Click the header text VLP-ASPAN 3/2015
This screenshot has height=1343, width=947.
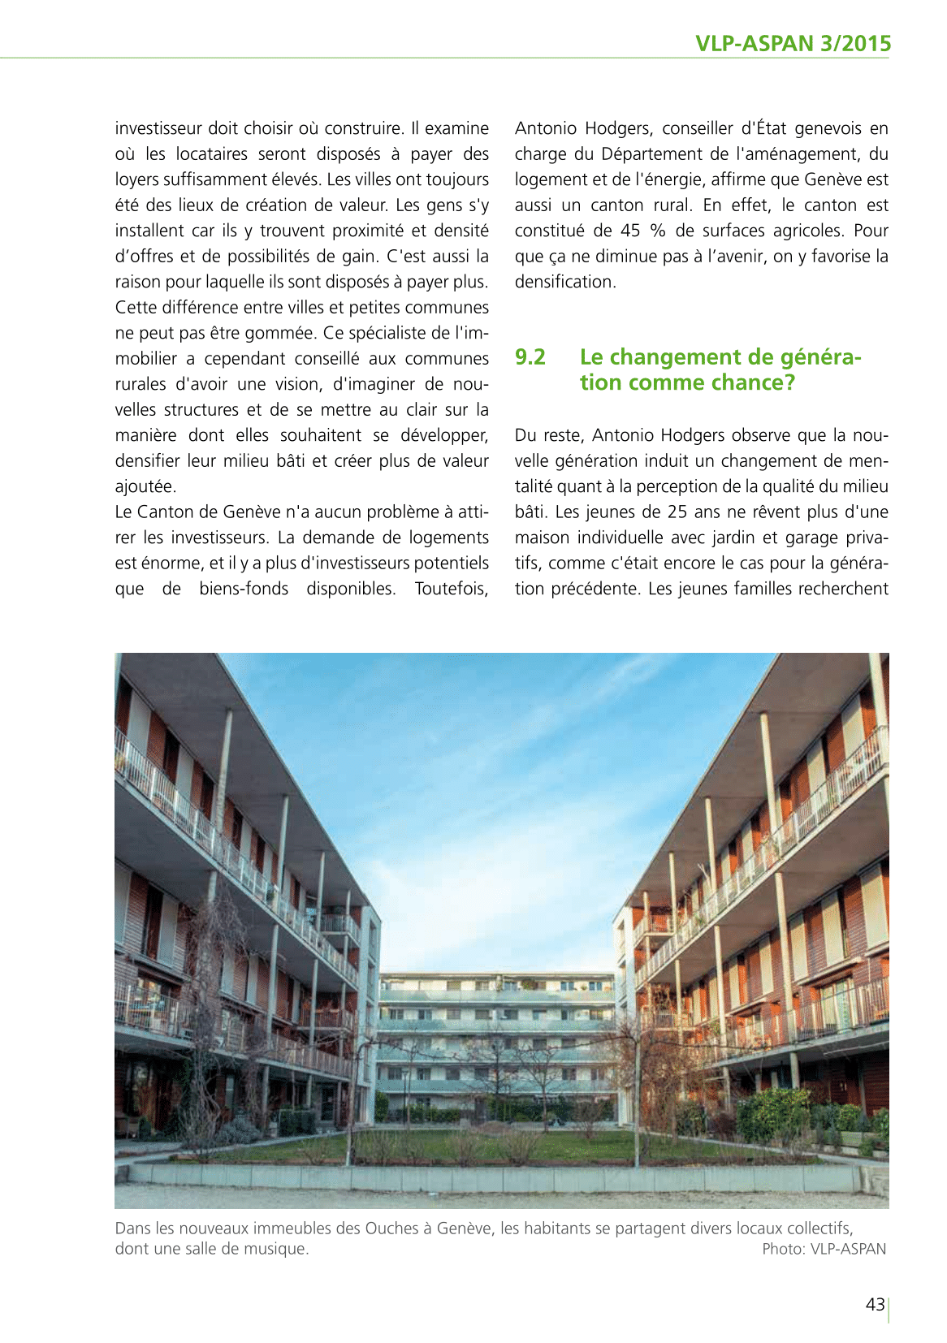coord(793,43)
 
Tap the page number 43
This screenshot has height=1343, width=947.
coord(875,1305)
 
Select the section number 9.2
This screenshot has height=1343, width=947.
coord(530,357)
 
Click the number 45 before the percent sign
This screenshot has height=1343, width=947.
coord(630,231)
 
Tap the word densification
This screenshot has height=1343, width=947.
coord(565,282)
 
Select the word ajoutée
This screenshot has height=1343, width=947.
coord(145,486)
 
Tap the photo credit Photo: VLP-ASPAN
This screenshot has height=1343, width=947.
coord(824,1249)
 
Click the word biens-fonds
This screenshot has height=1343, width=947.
coord(244,589)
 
